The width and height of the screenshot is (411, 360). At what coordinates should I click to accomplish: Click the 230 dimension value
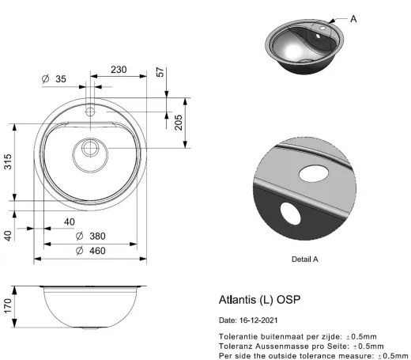[x=119, y=70]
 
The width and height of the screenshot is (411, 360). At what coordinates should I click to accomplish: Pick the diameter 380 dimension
[x=89, y=237]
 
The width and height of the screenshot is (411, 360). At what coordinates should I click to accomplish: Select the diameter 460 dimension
[x=89, y=251]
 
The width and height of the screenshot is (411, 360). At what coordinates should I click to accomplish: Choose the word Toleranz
[x=236, y=346]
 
